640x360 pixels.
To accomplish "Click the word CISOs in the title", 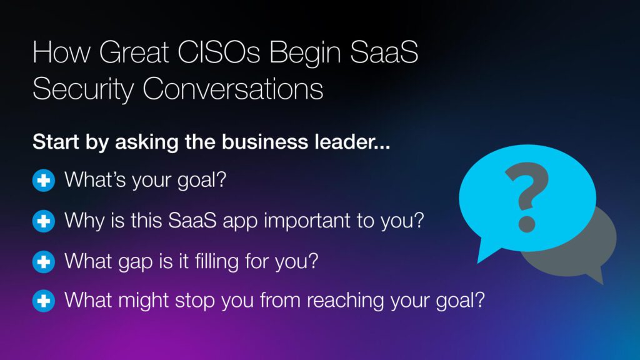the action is pos(219,52).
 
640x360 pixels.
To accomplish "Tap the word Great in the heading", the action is pos(134,52).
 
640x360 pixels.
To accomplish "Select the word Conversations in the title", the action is pos(232,89).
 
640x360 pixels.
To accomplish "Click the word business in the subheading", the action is pos(264,142).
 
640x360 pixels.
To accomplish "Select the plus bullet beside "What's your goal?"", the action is pos(44,181).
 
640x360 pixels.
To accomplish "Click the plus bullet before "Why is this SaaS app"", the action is pos(44,221).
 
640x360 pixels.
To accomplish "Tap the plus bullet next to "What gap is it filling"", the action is pos(44,262).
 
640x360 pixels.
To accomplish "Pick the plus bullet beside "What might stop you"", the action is pos(44,301).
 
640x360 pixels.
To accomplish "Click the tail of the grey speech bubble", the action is pos(595,275).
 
